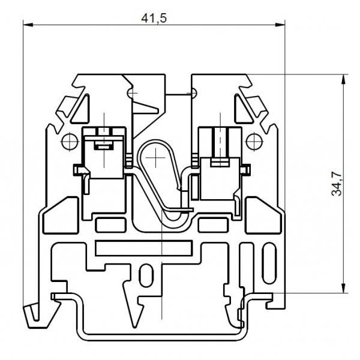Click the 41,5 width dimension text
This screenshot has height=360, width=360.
pyautogui.click(x=154, y=18)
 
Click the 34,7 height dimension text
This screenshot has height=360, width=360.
pyautogui.click(x=337, y=184)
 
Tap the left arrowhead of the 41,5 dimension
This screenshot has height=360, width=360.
pyautogui.click(x=28, y=25)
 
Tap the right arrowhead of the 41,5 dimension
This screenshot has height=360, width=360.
pyautogui.click(x=280, y=25)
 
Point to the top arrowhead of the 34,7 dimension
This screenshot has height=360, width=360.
pyautogui.click(x=343, y=79)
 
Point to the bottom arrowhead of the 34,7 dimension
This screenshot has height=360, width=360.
pyautogui.click(x=343, y=288)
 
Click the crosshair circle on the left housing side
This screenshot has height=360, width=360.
pyautogui.click(x=70, y=142)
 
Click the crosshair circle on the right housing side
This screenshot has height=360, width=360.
pyautogui.click(x=254, y=142)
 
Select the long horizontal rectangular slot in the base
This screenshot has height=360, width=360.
pyautogui.click(x=143, y=248)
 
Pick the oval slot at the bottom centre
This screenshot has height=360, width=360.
pyautogui.click(x=146, y=275)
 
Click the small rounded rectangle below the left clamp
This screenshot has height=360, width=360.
pyautogui.click(x=110, y=225)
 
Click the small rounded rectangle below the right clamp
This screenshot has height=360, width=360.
pyautogui.click(x=213, y=225)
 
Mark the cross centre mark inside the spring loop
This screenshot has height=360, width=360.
pyautogui.click(x=155, y=157)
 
